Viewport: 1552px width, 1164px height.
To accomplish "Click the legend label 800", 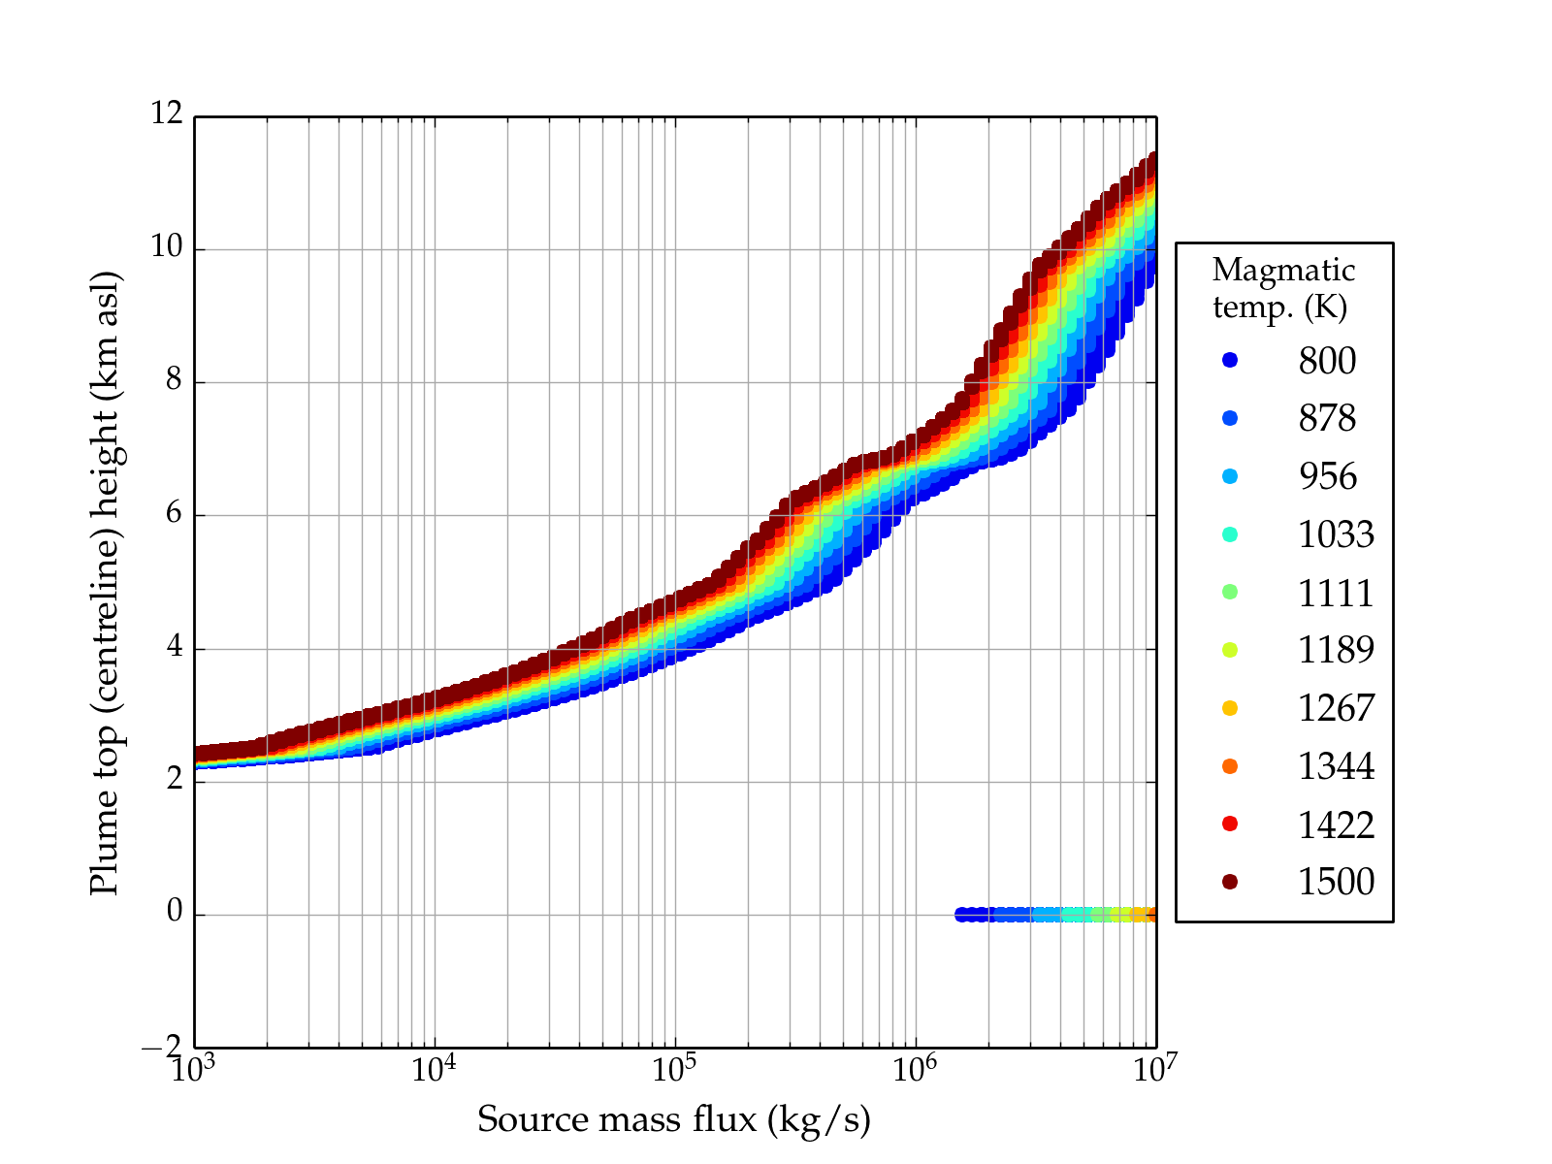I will point(1327,361).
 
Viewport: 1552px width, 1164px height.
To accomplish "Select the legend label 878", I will point(1327,419).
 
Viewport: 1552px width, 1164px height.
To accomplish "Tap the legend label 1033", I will point(1336,534).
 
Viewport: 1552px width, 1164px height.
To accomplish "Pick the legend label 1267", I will point(1336,708).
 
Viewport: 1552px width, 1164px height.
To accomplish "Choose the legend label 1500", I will point(1336,882).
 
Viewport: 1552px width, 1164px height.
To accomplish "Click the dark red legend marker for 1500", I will point(1230,881).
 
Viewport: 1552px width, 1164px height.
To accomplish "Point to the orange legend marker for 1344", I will point(1230,766).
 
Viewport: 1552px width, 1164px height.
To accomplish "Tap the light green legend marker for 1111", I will point(1230,592).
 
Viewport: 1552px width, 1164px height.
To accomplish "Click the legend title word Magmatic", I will point(1283,271).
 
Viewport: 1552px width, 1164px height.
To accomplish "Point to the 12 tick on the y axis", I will point(167,114).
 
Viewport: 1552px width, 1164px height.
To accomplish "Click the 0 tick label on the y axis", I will point(175,912).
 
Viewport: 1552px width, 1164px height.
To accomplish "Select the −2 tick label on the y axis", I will point(162,1047).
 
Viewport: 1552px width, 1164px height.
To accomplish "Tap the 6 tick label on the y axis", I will point(175,513).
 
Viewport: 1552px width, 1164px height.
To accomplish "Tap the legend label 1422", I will point(1336,824).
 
